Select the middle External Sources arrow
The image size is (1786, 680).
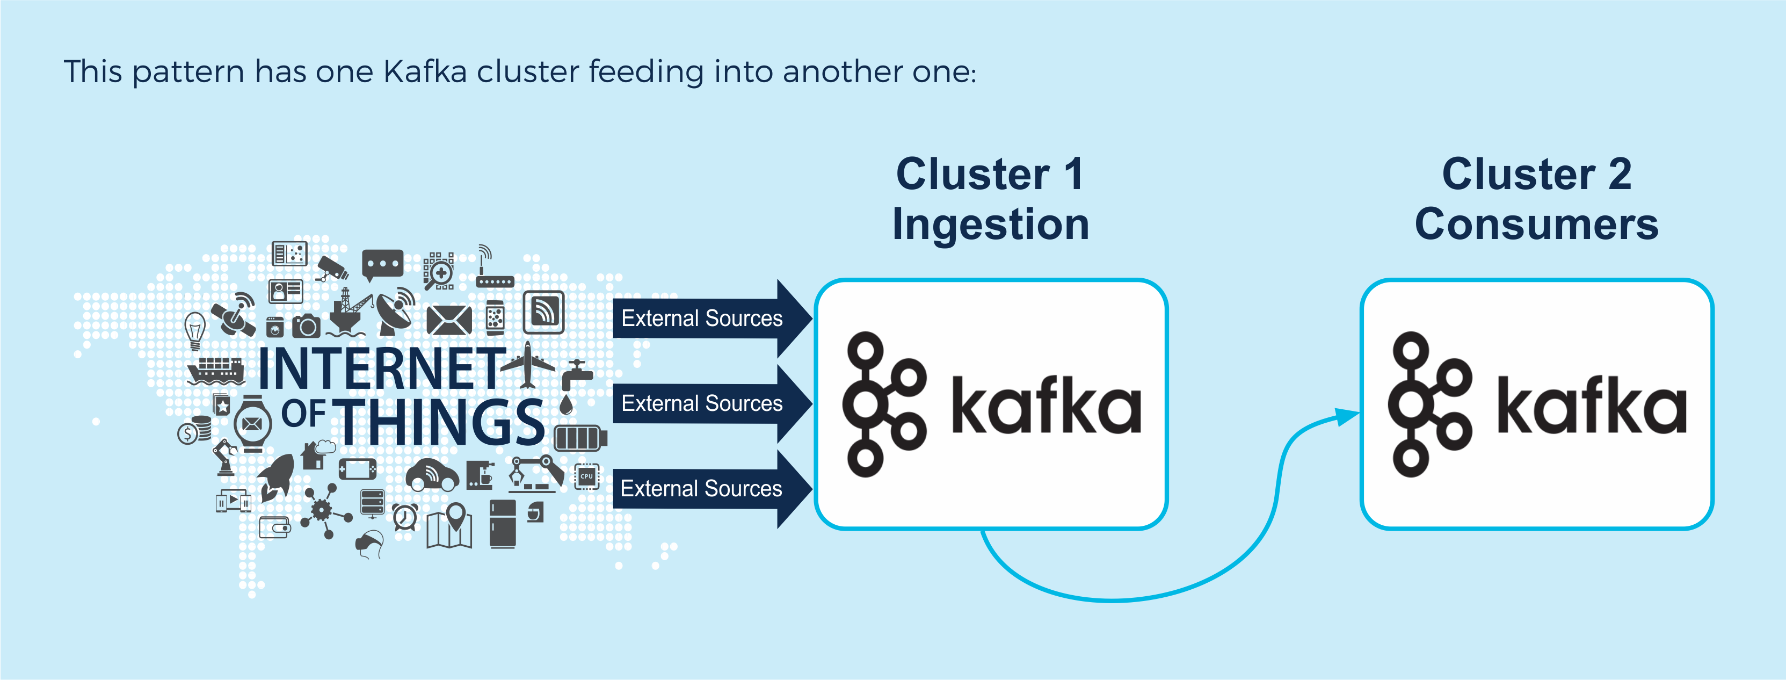click(x=712, y=403)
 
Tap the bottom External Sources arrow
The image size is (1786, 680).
click(x=712, y=489)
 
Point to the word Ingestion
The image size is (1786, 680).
click(x=991, y=225)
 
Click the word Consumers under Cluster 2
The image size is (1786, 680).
click(x=1536, y=224)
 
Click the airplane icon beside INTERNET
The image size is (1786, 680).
click(x=528, y=365)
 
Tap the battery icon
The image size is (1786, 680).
click(x=580, y=438)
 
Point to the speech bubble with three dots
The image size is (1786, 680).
click(x=382, y=265)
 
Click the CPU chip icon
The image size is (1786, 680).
click(x=586, y=476)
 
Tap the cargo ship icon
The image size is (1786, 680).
click(x=216, y=371)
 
